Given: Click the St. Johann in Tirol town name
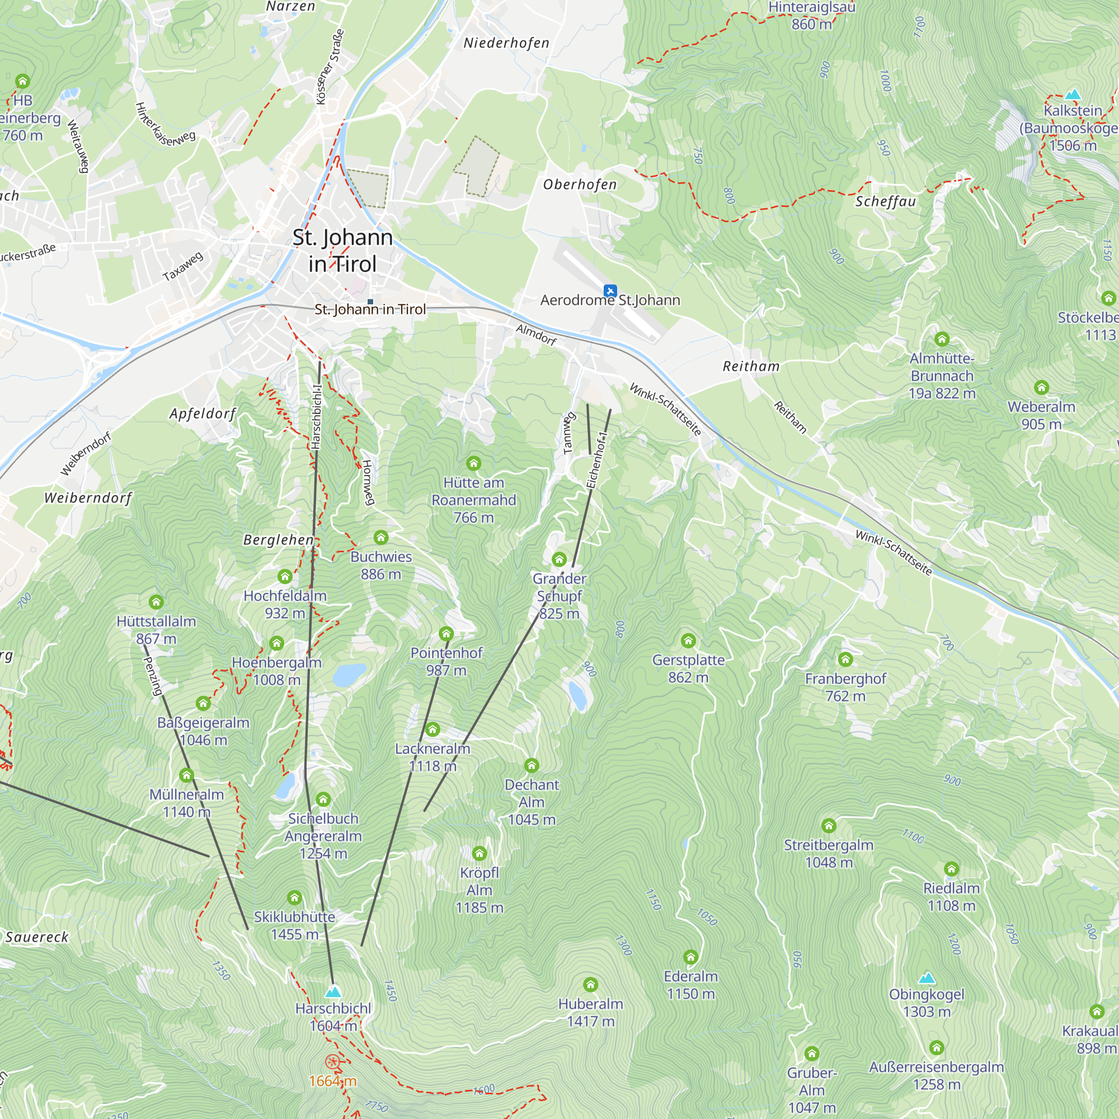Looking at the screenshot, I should (x=342, y=250).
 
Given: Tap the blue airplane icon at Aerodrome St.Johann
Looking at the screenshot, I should (x=610, y=291).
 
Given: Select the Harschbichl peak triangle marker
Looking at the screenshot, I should (x=332, y=992).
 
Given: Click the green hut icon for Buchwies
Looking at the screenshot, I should (x=380, y=538).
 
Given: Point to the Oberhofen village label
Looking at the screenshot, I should (x=580, y=185).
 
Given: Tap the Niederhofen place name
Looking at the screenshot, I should (x=506, y=44).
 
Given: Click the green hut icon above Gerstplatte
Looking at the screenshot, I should (x=688, y=641).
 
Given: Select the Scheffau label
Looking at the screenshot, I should (x=886, y=201).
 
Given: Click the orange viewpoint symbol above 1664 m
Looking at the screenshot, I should (x=332, y=1062).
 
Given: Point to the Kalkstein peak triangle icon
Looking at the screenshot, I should (x=1073, y=94).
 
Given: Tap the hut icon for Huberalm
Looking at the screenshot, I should (x=590, y=985).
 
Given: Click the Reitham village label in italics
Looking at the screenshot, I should (x=751, y=366).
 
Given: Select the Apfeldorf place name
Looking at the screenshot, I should (x=203, y=413).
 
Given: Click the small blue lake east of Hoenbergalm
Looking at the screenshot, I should (x=349, y=675).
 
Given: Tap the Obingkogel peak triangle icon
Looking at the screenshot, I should (x=927, y=978).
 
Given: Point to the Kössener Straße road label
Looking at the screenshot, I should (x=330, y=67).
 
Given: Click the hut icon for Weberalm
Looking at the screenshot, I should (x=1041, y=388).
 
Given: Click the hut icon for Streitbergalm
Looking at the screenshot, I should (x=829, y=825).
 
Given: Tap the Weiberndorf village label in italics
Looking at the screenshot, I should (x=88, y=498).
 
